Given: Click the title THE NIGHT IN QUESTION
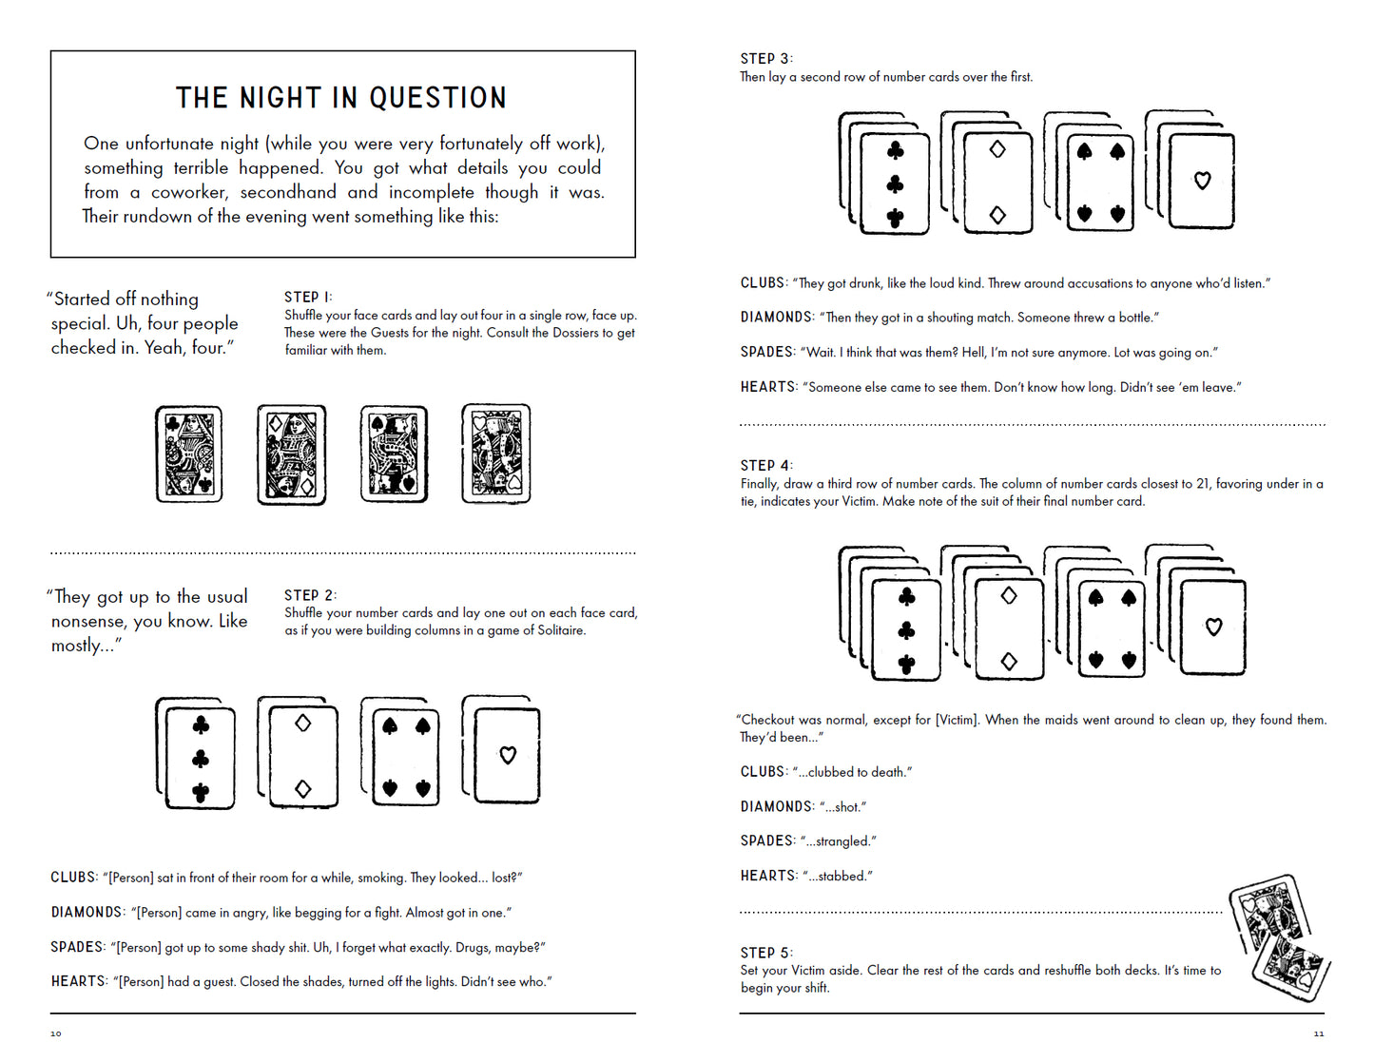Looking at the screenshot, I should (341, 98).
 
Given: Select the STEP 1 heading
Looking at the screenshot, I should (307, 298).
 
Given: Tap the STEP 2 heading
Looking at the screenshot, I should (309, 595).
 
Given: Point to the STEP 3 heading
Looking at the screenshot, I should (765, 59).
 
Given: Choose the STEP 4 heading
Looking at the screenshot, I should (765, 466).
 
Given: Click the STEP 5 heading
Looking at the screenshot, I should (765, 953).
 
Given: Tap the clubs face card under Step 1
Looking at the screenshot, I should (189, 454).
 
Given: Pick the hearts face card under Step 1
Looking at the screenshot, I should (495, 454).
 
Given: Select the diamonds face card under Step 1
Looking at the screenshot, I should (292, 454).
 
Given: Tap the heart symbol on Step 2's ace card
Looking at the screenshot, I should (508, 755).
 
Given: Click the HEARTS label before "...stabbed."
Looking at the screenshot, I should (768, 876).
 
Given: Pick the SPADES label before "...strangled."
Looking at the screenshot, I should (766, 841).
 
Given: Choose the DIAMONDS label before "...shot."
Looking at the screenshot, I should (776, 806).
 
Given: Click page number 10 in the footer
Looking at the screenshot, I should (55, 1033).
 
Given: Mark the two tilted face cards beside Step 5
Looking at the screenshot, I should (1279, 936).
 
